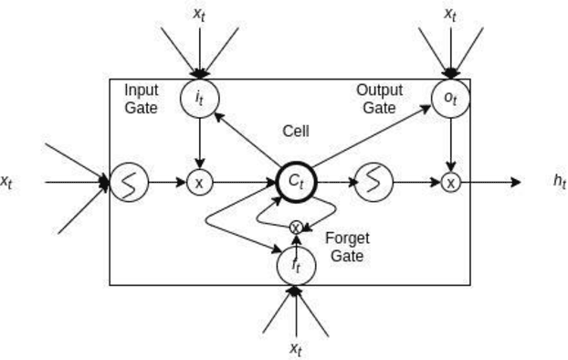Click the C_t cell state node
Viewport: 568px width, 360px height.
click(295, 183)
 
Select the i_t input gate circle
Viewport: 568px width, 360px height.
click(200, 99)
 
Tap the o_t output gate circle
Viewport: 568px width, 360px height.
click(450, 99)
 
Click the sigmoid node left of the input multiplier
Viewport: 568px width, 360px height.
click(128, 183)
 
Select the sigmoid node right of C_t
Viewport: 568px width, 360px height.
click(373, 183)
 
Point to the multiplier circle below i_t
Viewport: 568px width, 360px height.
click(200, 183)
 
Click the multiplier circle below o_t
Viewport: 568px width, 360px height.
click(450, 183)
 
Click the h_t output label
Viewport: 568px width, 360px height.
click(559, 182)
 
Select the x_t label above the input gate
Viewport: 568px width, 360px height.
click(200, 14)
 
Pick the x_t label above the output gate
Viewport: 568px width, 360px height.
click(450, 14)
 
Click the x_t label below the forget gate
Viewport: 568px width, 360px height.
click(295, 348)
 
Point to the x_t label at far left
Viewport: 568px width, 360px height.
click(7, 182)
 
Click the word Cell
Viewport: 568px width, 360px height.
click(295, 132)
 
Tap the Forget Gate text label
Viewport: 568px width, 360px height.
click(347, 247)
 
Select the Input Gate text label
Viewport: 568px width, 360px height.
click(142, 99)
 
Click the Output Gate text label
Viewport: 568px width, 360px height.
click(378, 99)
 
